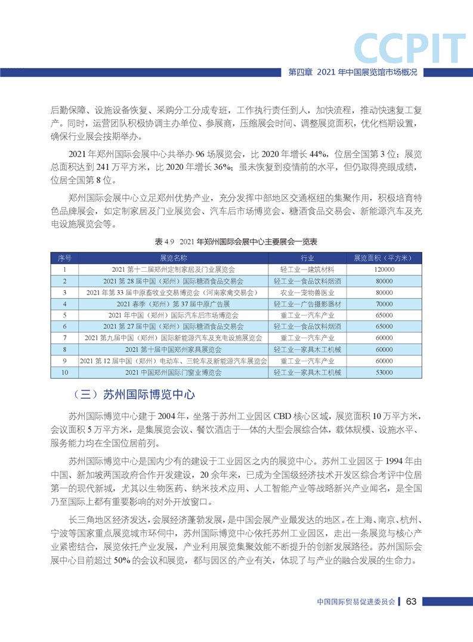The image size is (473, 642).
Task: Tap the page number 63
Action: tap(411, 601)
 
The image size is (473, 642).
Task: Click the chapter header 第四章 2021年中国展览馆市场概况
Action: tap(352, 72)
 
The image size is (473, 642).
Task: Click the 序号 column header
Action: tap(64, 258)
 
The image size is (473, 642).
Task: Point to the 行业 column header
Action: tap(307, 258)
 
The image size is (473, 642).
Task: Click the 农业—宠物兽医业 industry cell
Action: tap(307, 293)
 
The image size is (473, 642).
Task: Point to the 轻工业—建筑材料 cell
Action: tap(307, 269)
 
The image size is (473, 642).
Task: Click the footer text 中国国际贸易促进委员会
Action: tap(357, 602)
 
